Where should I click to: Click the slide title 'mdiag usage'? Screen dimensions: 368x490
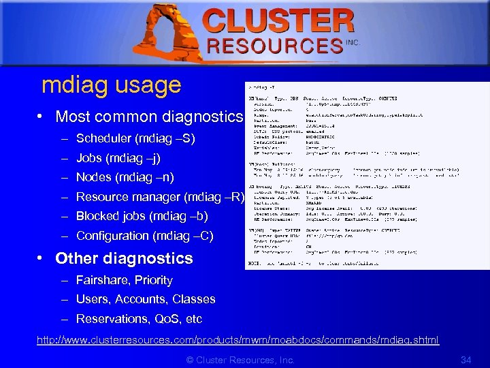(111, 85)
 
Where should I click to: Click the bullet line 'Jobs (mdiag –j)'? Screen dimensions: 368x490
(118, 158)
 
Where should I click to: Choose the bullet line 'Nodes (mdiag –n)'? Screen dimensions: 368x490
(125, 177)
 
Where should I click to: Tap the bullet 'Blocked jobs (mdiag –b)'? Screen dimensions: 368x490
(142, 216)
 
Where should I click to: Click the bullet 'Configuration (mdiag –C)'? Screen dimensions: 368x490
(144, 236)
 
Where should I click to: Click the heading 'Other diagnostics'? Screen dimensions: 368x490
(124, 258)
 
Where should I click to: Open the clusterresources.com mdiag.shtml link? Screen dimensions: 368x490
(238, 339)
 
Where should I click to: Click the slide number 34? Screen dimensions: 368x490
(465, 359)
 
